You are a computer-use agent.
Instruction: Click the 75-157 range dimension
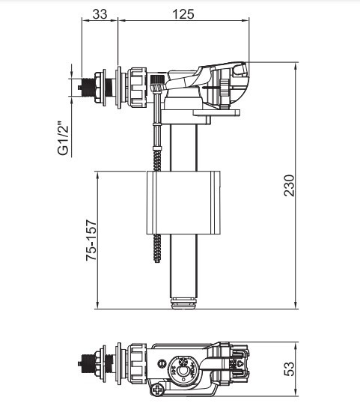91,240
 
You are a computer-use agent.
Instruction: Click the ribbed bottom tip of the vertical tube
185,303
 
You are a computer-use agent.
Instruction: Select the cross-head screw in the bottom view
158,390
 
